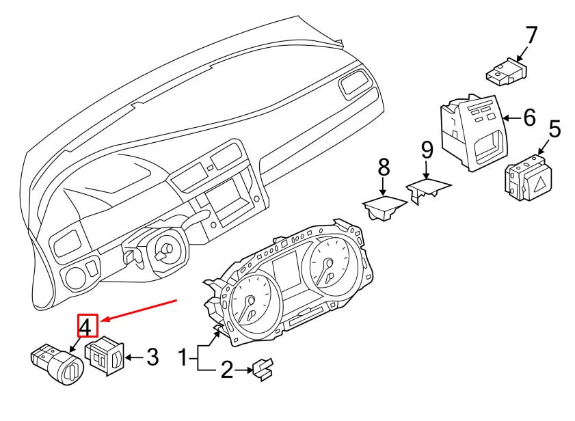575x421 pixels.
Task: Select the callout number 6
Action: [529, 118]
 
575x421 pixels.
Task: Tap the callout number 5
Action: [554, 129]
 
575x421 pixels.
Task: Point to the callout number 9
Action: [427, 151]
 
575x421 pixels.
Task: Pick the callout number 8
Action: [383, 167]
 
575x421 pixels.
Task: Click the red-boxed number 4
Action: [88, 326]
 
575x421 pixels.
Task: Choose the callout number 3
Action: [152, 357]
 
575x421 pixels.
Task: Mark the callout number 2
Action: [228, 370]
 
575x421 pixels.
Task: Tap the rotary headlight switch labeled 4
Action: [57, 364]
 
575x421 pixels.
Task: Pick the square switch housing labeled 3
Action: [104, 355]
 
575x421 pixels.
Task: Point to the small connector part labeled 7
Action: [507, 72]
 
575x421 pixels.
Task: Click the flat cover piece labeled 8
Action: [385, 207]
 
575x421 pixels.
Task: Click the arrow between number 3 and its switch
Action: [134, 357]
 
